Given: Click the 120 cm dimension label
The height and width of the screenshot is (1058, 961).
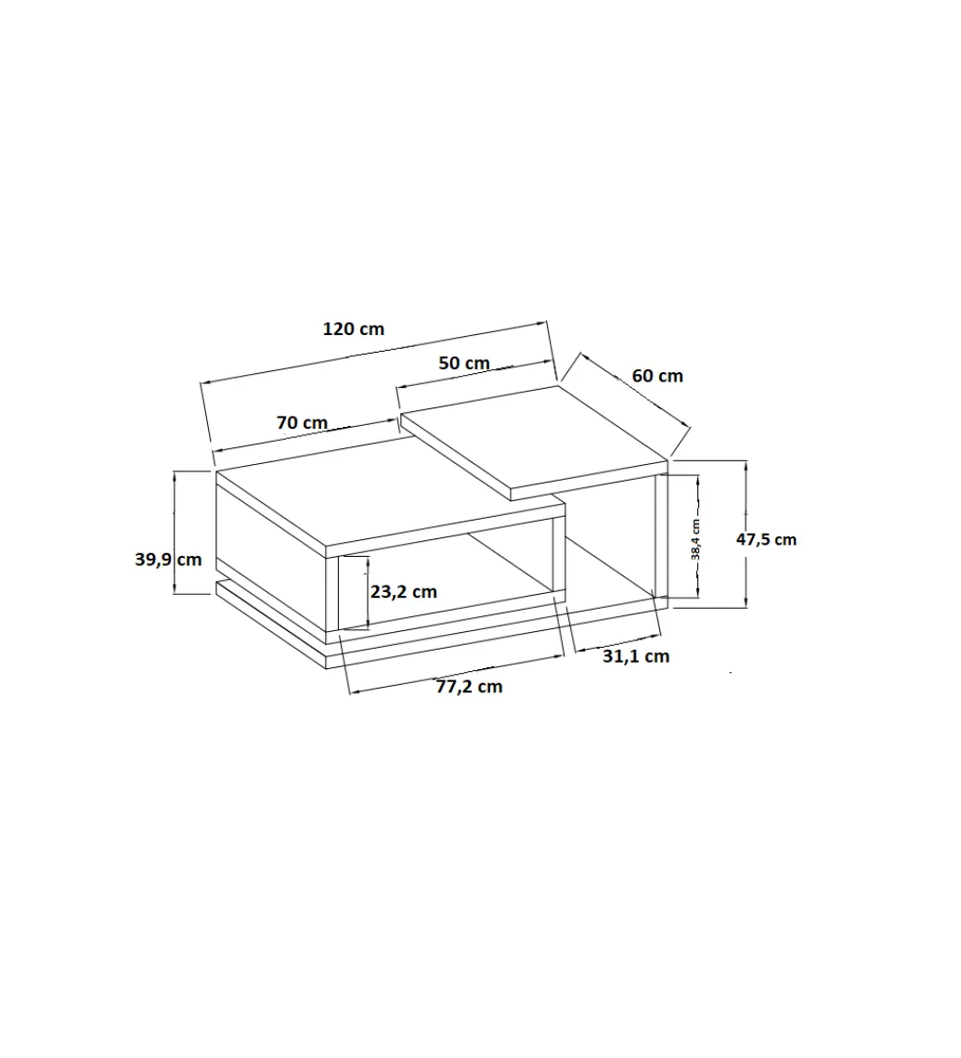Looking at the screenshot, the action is [353, 329].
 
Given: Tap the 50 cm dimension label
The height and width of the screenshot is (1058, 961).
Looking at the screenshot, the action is [463, 363].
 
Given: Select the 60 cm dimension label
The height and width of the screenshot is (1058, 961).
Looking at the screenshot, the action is [657, 376].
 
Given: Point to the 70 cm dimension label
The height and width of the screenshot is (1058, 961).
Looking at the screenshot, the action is [302, 422].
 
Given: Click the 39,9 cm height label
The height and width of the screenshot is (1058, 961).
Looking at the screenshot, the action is [168, 560].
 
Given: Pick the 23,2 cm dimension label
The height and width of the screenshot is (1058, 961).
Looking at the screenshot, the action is [404, 592].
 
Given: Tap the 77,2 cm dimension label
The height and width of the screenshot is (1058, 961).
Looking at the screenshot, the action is [469, 687].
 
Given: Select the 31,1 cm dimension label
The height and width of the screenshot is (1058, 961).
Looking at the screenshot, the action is [636, 656].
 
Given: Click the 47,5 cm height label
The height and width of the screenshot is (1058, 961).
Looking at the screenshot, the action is [766, 540].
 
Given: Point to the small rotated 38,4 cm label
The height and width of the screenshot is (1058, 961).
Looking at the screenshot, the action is [695, 539].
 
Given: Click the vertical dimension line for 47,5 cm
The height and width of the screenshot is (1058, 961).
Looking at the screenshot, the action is [746, 534].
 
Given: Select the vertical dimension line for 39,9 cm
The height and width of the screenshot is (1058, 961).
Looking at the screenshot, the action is [175, 533].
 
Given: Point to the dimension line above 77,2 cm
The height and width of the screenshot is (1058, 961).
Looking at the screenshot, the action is [456, 674].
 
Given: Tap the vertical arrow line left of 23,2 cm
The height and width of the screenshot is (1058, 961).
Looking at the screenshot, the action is [368, 592].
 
